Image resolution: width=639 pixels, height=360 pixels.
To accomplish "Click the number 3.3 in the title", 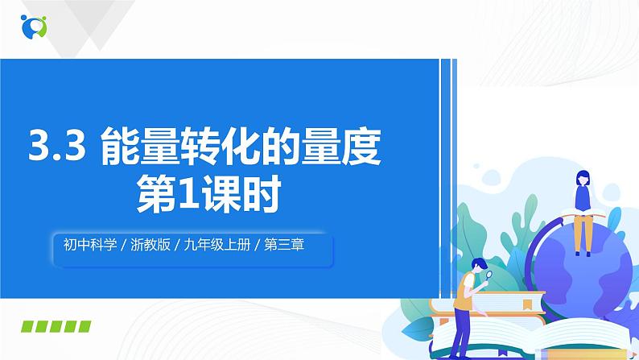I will (x=56, y=149).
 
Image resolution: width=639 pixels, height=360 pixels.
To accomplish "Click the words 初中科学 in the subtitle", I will (x=89, y=244).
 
